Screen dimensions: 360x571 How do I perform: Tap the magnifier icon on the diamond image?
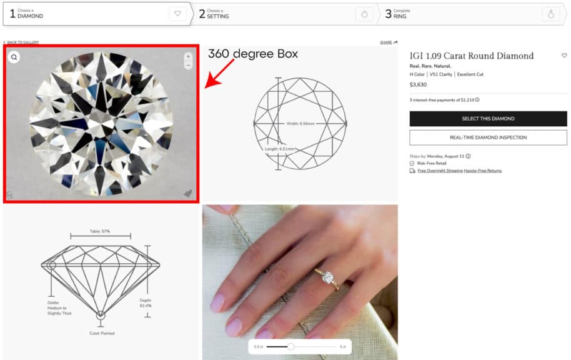click(x=14, y=57)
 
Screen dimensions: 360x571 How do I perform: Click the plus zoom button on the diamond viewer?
click(x=188, y=56)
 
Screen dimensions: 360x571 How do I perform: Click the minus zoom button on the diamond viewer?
click(x=188, y=65)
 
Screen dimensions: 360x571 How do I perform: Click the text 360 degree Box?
click(x=252, y=54)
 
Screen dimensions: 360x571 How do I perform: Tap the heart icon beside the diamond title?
click(x=564, y=56)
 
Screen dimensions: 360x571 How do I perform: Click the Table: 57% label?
click(x=100, y=231)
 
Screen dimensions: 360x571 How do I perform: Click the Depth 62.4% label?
click(x=145, y=302)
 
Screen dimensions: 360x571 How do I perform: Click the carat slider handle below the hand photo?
click(x=290, y=346)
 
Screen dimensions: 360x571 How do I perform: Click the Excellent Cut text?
click(x=470, y=74)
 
